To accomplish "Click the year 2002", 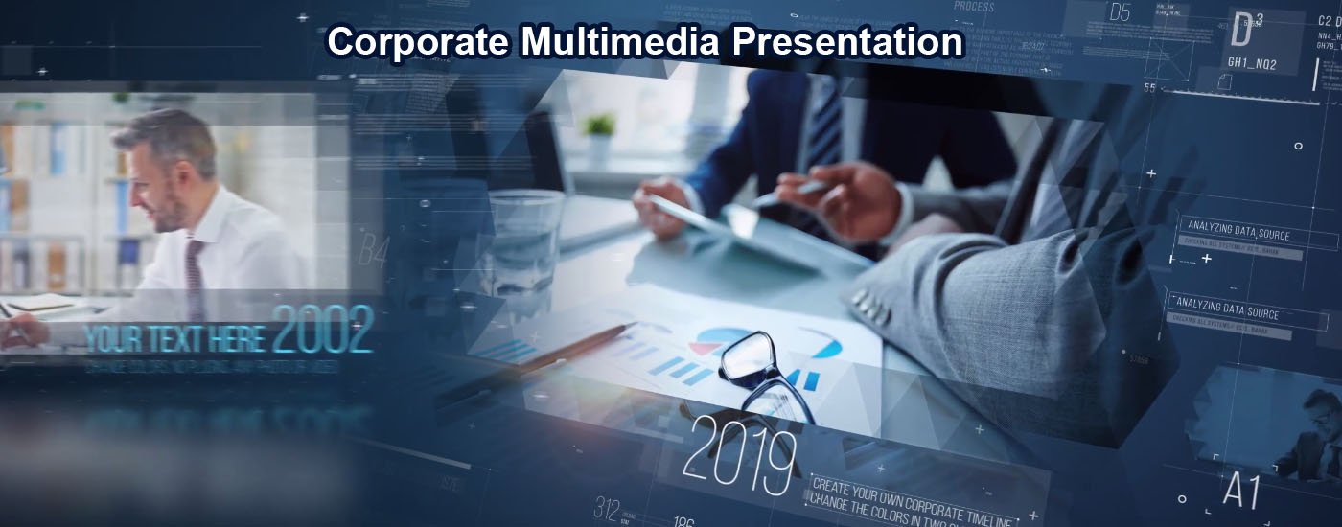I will click(x=322, y=331).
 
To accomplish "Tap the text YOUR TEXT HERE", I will click(x=175, y=337).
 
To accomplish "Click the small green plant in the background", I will click(x=600, y=126).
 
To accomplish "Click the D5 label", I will click(x=1120, y=12).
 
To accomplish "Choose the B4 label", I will click(x=373, y=252).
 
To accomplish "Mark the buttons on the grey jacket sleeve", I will click(x=867, y=306).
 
